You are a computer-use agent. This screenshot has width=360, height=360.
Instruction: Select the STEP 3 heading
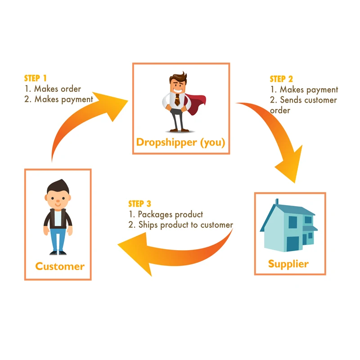tap(143, 204)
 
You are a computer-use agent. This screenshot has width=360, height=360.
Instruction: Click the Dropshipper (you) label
tap(180, 143)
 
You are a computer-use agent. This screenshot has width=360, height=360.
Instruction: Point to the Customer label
tap(60, 266)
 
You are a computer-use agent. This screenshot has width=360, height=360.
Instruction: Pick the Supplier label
tap(288, 263)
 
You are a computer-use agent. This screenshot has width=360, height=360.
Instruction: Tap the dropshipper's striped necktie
tap(177, 100)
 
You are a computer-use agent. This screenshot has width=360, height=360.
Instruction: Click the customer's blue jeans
tap(58, 236)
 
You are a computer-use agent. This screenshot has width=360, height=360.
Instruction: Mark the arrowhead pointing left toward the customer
tap(130, 252)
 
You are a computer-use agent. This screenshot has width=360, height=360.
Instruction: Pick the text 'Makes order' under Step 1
tap(58, 89)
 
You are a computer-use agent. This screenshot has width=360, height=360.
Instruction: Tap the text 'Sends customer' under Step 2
tap(308, 100)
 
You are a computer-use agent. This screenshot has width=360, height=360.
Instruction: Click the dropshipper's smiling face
tap(177, 85)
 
